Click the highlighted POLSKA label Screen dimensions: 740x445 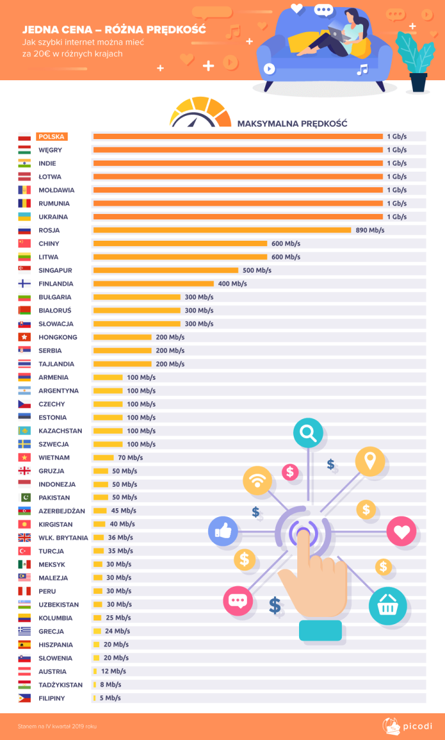coord(52,137)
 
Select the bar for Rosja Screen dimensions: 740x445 coord(222,230)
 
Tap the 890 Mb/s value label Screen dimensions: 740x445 coord(370,230)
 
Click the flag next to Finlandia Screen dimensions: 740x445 coord(24,284)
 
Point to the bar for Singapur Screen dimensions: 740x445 coord(166,270)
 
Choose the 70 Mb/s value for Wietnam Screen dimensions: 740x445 coord(131,458)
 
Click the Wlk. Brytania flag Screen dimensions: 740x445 coord(24,538)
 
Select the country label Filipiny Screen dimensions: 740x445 coord(52,698)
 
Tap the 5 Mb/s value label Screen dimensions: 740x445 coord(110,698)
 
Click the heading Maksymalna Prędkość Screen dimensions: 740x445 coord(292,124)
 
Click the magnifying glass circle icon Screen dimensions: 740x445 coord(309,433)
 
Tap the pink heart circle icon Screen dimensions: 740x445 coord(402,531)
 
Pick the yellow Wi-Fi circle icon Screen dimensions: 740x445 coord(258,480)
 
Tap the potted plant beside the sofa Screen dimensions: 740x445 coord(417,62)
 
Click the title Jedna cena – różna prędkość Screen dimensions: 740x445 coord(114,29)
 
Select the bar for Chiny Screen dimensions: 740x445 coord(180,244)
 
